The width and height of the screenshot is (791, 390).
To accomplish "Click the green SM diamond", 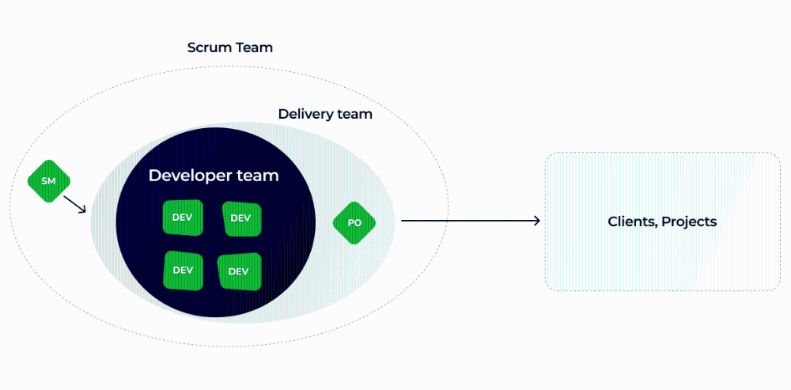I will pos(48,181).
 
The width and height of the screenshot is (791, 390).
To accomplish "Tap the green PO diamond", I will pos(354,223).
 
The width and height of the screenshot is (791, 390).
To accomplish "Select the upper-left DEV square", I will pos(183,218).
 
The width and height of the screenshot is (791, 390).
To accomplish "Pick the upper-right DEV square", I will pos(240,218).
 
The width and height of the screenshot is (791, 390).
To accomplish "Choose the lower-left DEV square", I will pos(183,270).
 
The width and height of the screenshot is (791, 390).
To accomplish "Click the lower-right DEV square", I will pos(238,271).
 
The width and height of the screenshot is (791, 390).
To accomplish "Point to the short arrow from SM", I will pos(74,204).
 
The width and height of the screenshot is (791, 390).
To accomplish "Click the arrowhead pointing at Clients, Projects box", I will pos(537,222).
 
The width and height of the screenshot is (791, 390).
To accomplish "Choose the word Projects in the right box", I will pos(689,222).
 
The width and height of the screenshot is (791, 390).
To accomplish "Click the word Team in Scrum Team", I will pos(255,47).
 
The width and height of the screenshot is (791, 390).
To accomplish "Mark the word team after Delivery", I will pos(354,114).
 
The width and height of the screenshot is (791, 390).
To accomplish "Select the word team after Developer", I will pos(260,176).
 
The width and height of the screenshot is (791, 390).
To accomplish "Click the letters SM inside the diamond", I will pos(48,181).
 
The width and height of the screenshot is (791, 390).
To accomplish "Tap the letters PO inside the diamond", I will pos(354,223).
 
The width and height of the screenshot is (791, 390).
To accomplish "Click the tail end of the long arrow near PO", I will pos(403,222).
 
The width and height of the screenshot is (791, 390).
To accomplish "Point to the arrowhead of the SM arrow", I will pos(83,211).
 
